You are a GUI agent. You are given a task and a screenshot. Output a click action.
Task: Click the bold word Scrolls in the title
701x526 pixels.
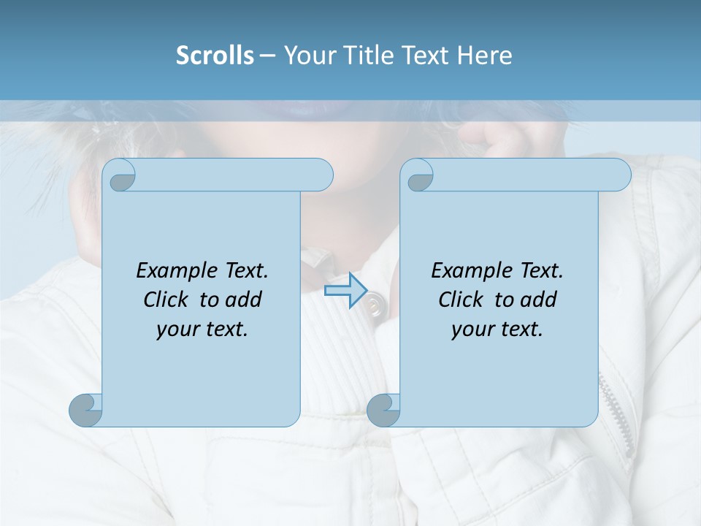click(x=215, y=55)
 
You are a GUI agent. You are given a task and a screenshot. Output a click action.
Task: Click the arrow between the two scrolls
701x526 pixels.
click(x=345, y=291)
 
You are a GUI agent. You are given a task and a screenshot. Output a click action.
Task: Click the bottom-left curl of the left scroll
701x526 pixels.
click(x=86, y=410)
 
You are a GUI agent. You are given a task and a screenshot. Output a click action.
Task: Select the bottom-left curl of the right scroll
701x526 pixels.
click(x=383, y=410)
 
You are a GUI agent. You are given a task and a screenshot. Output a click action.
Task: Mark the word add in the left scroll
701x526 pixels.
click(x=244, y=300)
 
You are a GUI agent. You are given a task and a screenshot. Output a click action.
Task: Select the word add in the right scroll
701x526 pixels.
click(x=539, y=300)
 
